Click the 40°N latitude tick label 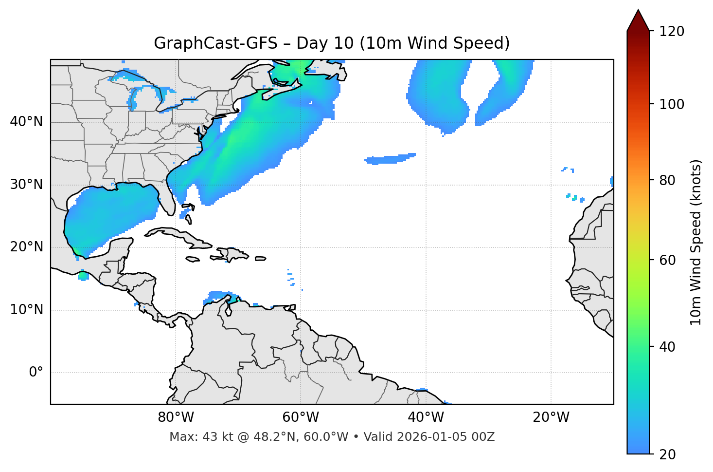coord(26,122)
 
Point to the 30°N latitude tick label coord(26,185)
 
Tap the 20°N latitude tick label coord(26,247)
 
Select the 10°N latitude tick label coord(26,310)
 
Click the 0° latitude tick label coord(36,373)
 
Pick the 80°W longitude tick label coord(176,417)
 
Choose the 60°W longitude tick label coord(301,417)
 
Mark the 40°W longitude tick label coord(426,417)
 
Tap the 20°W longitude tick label coord(551,417)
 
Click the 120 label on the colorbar coord(672,32)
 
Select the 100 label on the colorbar coord(672,104)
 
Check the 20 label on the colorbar coord(668,454)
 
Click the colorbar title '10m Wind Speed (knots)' coord(696,242)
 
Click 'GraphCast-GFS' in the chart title coord(215,43)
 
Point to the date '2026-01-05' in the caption coord(432,437)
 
